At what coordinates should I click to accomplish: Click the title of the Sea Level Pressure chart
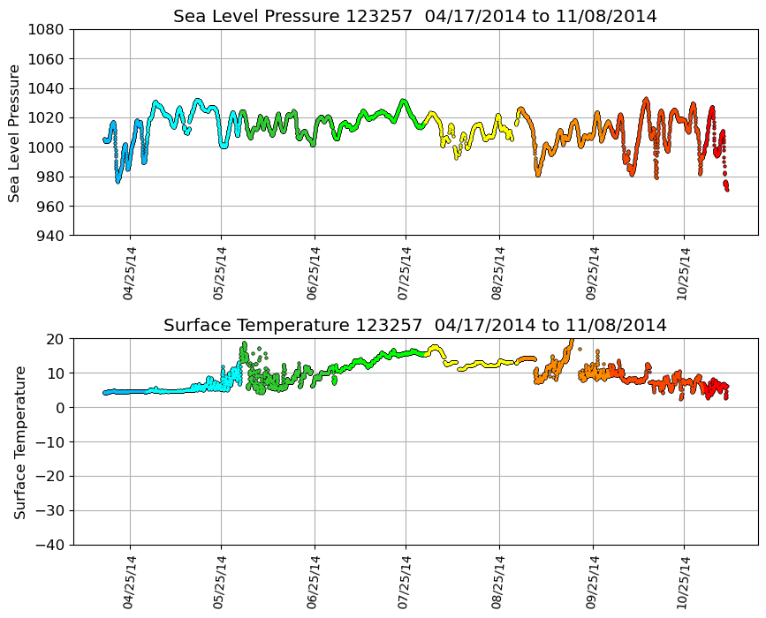[414, 17]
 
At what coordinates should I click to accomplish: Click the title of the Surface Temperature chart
[414, 326]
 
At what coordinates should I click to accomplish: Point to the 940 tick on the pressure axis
[49, 236]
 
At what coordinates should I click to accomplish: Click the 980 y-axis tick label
[49, 177]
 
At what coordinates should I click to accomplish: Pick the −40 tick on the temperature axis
[49, 545]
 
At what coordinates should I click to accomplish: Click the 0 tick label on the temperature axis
[60, 408]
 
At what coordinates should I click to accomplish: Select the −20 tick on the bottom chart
[49, 477]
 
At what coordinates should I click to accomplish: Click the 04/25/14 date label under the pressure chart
[129, 274]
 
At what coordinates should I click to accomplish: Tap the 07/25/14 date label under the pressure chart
[406, 274]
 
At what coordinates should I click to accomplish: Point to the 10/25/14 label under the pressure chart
[683, 274]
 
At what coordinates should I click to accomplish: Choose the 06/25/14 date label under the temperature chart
[314, 583]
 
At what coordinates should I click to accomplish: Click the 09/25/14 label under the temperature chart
[591, 583]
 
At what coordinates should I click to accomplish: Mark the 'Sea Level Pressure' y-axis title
[14, 132]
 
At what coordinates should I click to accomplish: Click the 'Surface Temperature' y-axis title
[19, 441]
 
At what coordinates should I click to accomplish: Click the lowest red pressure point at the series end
[727, 189]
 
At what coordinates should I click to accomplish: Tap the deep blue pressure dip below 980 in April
[118, 181]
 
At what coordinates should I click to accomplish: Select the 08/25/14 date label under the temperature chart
[498, 583]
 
